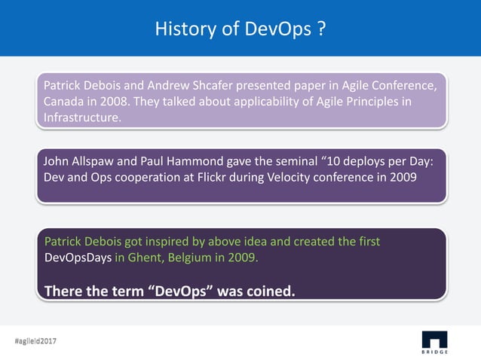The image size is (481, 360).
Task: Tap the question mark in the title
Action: pos(320,29)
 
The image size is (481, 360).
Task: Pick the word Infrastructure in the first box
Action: pos(81,118)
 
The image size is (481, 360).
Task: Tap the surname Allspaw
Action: pos(97,160)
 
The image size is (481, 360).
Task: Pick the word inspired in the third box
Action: pos(162,242)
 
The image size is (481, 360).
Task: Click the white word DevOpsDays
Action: pos(78,258)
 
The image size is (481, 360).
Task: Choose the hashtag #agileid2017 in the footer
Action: pos(35,341)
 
